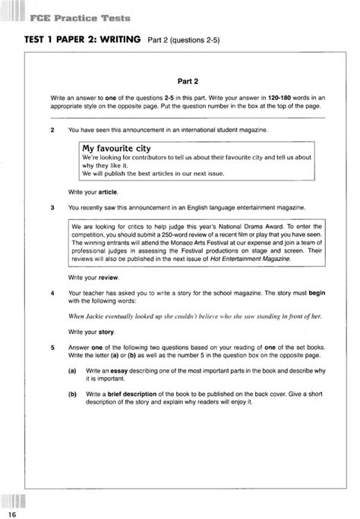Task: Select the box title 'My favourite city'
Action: click(113, 149)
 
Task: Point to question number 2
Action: click(51, 131)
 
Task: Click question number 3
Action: click(51, 206)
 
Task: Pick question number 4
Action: click(51, 292)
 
